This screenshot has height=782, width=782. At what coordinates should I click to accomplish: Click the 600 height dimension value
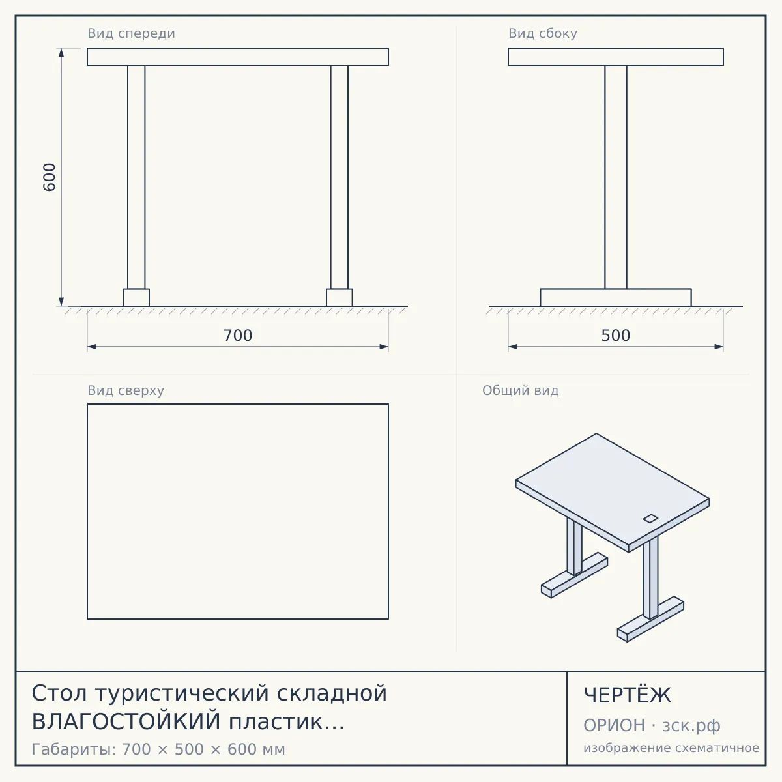tap(49, 177)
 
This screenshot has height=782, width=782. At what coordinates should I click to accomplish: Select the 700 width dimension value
tap(238, 336)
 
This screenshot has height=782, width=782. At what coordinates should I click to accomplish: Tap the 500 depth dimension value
tap(616, 336)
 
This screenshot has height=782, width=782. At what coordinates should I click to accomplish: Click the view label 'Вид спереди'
tap(131, 33)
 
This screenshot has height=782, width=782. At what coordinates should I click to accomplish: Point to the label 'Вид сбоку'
tap(543, 33)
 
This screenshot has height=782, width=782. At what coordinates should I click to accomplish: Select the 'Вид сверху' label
tap(126, 390)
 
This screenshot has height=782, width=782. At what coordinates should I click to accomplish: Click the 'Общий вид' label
tap(520, 390)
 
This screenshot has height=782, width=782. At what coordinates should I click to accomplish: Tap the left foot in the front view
tap(136, 297)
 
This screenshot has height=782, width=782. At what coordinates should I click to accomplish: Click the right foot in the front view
tap(340, 297)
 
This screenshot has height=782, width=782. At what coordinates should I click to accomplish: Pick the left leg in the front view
tap(136, 177)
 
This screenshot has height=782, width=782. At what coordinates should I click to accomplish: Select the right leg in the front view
tap(340, 177)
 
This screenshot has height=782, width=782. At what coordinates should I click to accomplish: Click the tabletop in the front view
tap(238, 57)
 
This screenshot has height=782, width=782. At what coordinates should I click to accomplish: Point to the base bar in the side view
tap(616, 297)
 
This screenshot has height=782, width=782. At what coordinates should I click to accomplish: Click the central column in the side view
tap(616, 177)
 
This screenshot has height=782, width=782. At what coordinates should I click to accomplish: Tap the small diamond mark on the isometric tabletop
tap(650, 518)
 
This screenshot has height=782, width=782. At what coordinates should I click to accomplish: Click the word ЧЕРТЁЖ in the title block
tap(628, 695)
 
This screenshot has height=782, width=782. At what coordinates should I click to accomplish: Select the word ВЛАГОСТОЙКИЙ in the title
tap(126, 721)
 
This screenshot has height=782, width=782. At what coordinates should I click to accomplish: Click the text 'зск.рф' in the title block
tap(691, 725)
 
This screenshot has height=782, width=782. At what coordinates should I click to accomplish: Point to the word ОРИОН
tap(614, 725)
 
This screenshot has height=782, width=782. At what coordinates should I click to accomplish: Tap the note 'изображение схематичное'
tap(671, 747)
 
